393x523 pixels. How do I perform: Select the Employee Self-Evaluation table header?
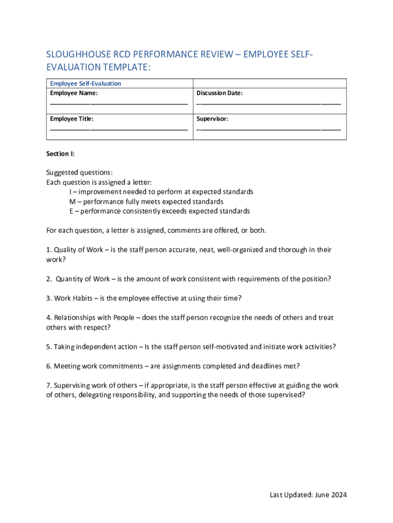85,83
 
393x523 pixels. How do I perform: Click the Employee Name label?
73,93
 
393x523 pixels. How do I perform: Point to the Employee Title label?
71,119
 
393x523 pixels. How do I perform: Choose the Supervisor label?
212,119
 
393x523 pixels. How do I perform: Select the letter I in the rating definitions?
70,192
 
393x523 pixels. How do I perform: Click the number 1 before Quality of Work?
48,250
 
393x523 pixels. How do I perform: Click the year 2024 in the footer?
338,495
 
